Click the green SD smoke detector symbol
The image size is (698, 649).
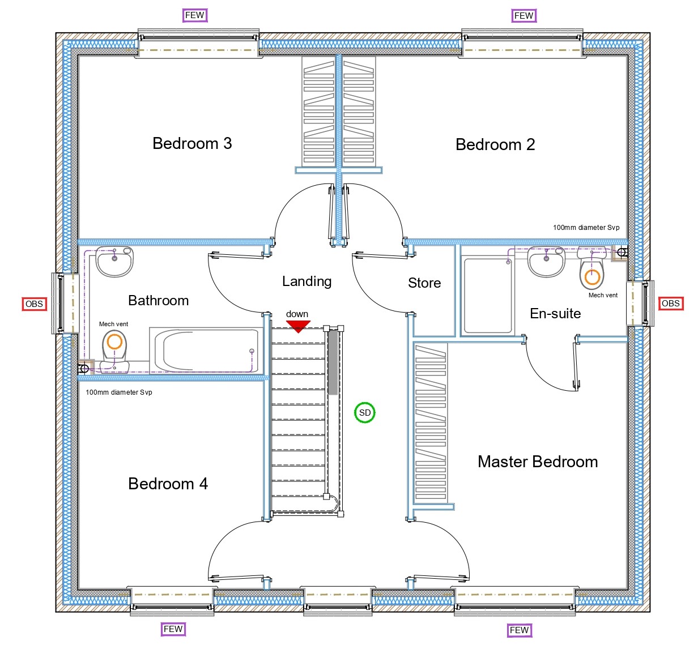click(x=365, y=413)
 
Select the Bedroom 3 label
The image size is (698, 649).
click(x=192, y=144)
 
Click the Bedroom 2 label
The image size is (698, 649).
click(x=495, y=145)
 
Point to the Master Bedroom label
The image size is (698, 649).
click(x=537, y=462)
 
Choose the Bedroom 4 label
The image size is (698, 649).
click(x=168, y=484)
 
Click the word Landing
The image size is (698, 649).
click(x=307, y=281)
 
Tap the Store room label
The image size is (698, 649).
click(x=424, y=283)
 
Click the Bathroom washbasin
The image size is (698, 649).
click(x=114, y=261)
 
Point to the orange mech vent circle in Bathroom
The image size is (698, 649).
click(x=114, y=341)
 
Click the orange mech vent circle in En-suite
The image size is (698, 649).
click(x=592, y=277)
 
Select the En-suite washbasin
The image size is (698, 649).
click(x=546, y=262)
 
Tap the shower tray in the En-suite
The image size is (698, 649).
click(x=488, y=295)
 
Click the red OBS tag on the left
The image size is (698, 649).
click(x=34, y=304)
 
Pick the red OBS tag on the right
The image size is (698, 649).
click(x=670, y=304)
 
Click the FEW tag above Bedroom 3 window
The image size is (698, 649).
click(x=195, y=15)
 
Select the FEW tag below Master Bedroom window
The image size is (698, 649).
click(x=519, y=630)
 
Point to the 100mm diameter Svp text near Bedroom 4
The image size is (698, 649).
click(x=119, y=392)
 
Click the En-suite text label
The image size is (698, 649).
click(x=555, y=314)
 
